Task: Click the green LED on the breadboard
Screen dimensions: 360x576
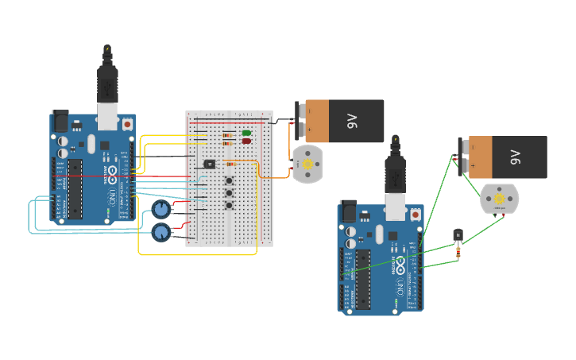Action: point(246,133)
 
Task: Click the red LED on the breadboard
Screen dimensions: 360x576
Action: point(246,141)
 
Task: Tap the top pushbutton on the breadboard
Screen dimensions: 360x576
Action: point(230,180)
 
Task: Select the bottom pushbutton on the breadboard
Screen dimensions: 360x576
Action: point(230,206)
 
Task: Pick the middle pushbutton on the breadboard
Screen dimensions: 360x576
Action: point(230,193)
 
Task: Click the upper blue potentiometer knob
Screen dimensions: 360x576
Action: point(161,210)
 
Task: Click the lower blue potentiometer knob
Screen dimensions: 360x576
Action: point(161,233)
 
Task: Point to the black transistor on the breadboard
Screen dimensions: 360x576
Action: point(209,164)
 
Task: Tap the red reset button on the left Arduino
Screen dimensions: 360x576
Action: point(127,125)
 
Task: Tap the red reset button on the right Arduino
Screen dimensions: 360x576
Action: point(415,215)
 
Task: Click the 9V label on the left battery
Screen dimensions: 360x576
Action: point(352,121)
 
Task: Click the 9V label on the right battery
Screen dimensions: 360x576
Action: point(515,157)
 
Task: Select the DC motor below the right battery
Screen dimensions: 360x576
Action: point(499,199)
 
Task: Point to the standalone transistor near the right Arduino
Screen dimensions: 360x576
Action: point(458,235)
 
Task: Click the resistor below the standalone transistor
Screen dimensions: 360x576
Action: point(458,252)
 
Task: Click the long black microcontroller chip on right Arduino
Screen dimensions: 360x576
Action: point(362,279)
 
